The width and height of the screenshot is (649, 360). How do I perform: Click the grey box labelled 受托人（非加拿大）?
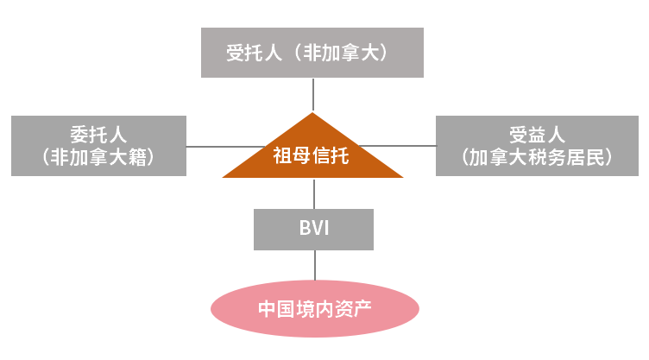pyautogui.click(x=312, y=53)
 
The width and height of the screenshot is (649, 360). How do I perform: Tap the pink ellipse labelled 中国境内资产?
pyautogui.click(x=315, y=308)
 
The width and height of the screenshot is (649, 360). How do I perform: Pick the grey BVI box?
pyautogui.click(x=314, y=230)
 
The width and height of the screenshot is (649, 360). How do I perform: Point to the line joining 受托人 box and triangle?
pyautogui.click(x=313, y=95)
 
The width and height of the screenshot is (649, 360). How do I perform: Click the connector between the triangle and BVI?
pyautogui.click(x=314, y=193)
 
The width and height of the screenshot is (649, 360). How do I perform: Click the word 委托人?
pyautogui.click(x=98, y=134)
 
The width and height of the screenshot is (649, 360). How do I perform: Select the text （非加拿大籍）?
pyautogui.click(x=98, y=157)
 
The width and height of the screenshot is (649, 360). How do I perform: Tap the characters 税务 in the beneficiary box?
pyautogui.click(x=547, y=157)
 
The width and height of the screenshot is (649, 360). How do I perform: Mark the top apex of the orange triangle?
pyautogui.click(x=312, y=115)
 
